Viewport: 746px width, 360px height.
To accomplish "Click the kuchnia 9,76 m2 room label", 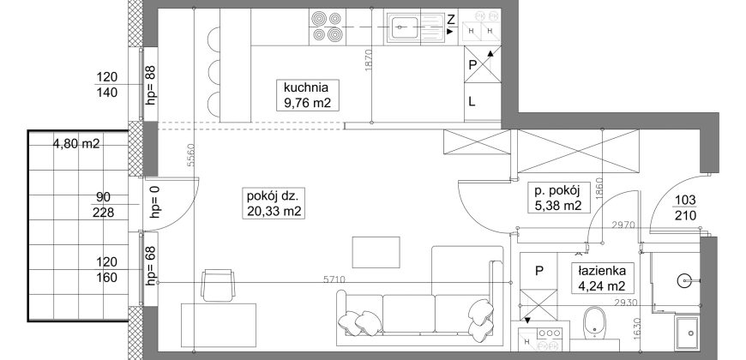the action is click(x=308, y=95).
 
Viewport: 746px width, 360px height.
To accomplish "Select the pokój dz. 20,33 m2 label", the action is click(x=274, y=203).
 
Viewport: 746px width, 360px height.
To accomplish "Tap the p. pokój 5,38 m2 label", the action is click(x=556, y=198).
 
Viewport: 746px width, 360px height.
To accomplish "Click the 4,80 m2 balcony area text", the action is click(x=76, y=144).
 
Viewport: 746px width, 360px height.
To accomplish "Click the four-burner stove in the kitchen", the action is click(x=327, y=27).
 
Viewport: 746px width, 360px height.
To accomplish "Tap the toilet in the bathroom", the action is click(x=594, y=325).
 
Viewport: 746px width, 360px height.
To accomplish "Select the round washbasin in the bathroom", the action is click(x=686, y=280).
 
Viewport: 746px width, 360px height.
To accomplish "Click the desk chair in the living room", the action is click(x=218, y=285).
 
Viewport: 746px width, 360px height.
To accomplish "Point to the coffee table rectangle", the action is click(x=376, y=252).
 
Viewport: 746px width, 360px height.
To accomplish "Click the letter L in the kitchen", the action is click(x=472, y=102).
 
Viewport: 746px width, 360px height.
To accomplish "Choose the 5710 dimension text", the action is click(x=335, y=279).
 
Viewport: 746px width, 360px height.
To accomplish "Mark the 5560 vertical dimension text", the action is click(x=190, y=155).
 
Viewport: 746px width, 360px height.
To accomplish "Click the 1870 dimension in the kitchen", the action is click(x=366, y=60).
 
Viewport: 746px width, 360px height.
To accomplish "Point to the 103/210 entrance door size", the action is click(x=685, y=207).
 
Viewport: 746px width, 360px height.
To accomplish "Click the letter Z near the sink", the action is click(x=451, y=20).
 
